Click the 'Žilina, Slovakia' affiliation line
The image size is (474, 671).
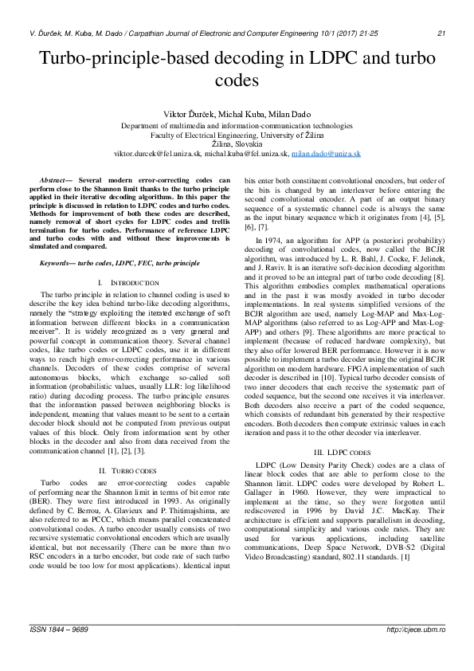(237, 143)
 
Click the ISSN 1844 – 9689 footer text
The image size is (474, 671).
(59, 652)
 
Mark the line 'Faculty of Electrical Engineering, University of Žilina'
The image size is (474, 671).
(237, 135)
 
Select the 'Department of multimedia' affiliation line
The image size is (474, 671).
(237, 126)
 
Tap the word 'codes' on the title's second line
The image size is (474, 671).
(237, 80)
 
